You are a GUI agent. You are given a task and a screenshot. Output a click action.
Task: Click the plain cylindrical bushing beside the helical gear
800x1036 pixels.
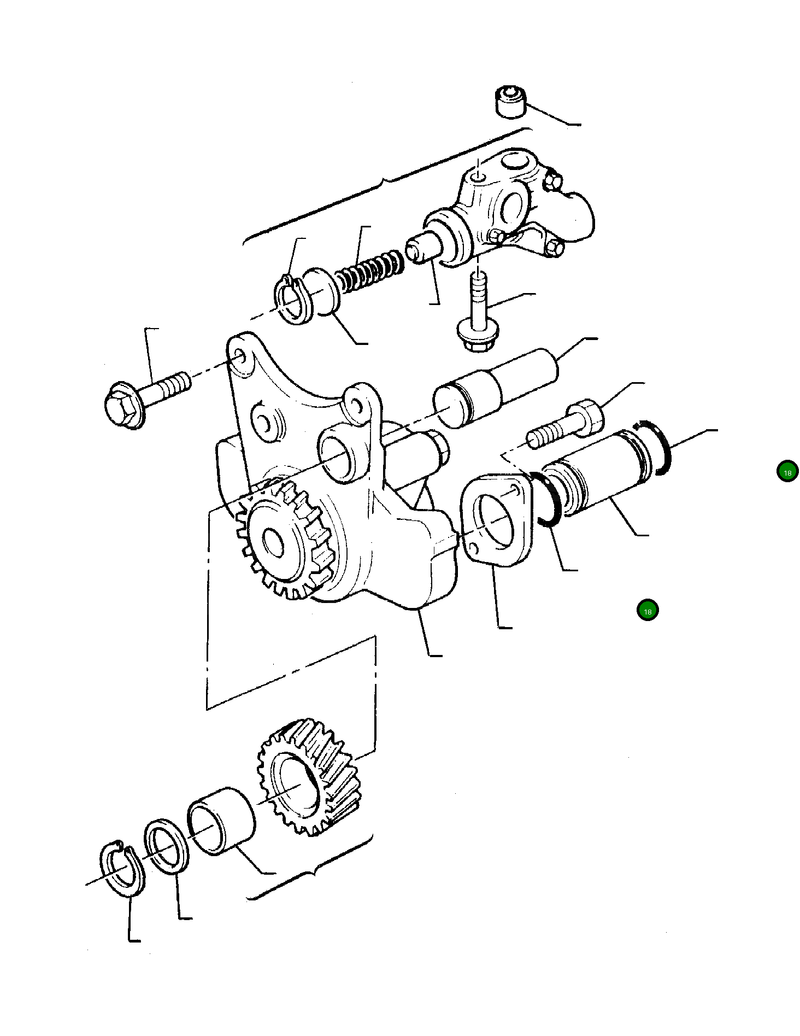click(221, 820)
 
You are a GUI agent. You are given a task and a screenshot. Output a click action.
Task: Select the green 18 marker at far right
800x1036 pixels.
click(787, 472)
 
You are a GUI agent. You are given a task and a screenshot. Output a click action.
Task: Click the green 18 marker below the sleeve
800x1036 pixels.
click(647, 611)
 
